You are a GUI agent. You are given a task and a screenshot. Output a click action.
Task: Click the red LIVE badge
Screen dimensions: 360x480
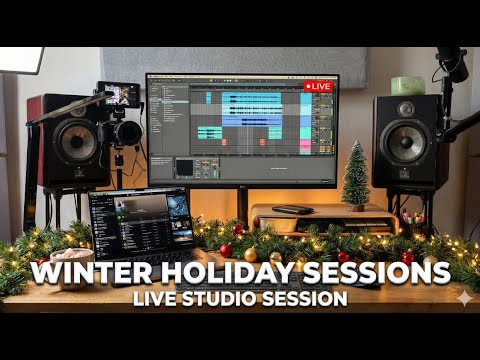tap(319, 86)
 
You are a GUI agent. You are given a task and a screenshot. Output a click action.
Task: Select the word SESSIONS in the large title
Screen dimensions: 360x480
tap(378, 272)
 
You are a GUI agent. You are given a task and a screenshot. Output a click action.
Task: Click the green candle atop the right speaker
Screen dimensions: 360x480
tap(407, 86)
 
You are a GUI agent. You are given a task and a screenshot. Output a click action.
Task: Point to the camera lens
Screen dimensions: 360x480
tap(128, 133)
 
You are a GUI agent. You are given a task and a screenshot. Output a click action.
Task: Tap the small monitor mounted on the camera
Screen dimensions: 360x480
tap(118, 94)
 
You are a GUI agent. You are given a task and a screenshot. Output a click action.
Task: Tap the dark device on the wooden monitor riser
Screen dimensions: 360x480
tap(292, 209)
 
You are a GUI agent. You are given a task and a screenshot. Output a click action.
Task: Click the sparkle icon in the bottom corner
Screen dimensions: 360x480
tap(463, 298)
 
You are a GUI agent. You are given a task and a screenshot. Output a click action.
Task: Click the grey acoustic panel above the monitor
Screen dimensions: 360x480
tap(240, 61)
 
